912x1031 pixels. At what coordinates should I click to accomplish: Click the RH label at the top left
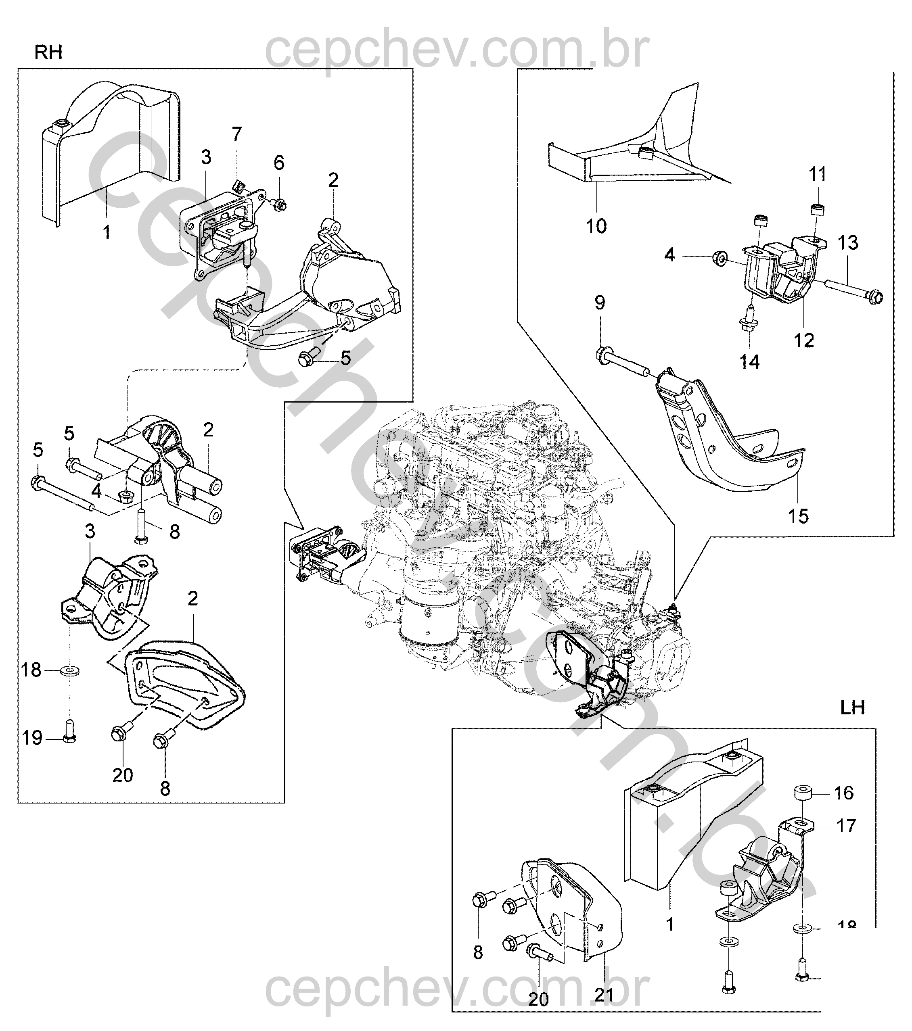[x=48, y=52]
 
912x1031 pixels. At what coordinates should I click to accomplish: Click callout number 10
[x=596, y=226]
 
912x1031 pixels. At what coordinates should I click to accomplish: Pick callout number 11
[x=818, y=175]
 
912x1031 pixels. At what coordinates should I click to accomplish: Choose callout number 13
[x=848, y=243]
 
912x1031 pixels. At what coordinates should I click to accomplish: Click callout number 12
[x=804, y=341]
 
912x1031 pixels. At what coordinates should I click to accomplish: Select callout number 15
[x=798, y=515]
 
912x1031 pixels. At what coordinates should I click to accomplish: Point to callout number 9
[x=600, y=303]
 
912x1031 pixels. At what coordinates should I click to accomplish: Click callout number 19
[x=32, y=739]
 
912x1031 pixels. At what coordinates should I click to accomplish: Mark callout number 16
[x=844, y=793]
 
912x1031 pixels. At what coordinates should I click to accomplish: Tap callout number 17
[x=846, y=826]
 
